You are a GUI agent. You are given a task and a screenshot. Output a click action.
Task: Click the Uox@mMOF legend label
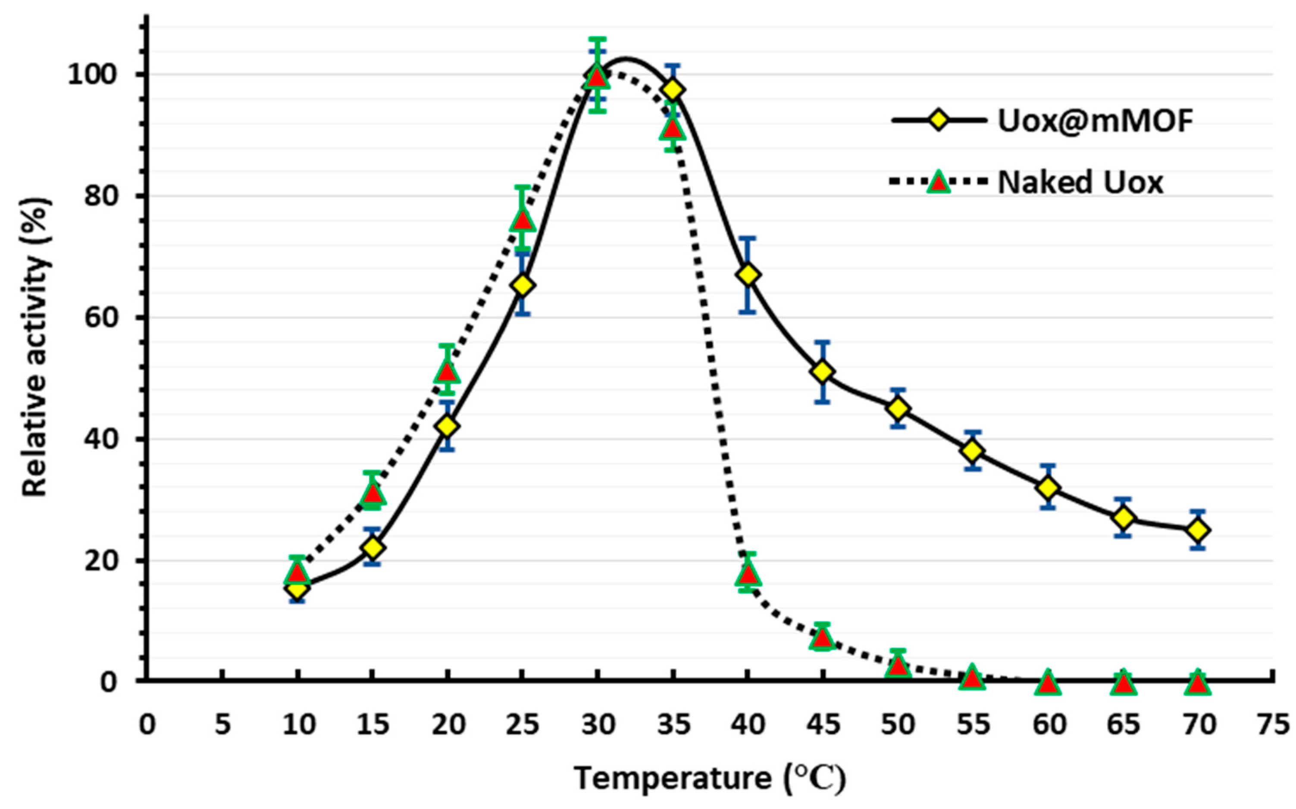(x=1096, y=121)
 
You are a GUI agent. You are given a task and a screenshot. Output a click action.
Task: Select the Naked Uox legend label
(x=1080, y=182)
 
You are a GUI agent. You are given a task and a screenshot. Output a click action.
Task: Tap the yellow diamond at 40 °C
(x=748, y=275)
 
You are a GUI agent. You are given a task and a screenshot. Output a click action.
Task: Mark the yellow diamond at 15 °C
(x=373, y=547)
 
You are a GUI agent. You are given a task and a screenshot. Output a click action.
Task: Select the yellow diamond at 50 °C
(x=898, y=409)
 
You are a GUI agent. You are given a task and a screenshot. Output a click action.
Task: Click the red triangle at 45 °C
(x=823, y=638)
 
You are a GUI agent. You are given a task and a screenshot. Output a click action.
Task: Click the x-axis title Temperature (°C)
(x=710, y=778)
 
